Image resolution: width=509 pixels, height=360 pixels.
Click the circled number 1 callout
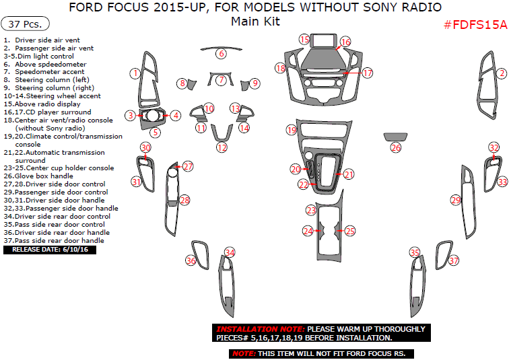tap(135, 73)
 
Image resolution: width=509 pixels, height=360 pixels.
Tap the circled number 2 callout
tap(501, 73)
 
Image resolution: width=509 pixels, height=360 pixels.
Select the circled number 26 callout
tap(396, 147)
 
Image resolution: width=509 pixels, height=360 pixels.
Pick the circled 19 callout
tap(292, 129)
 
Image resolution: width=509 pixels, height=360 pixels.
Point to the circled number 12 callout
tap(222, 147)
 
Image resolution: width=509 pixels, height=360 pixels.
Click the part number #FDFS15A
tap(475, 24)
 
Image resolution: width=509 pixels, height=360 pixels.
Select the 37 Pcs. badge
tap(25, 24)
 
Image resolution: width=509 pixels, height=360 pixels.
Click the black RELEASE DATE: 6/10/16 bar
tap(50, 250)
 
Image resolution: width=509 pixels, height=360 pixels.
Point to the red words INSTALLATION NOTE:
tap(260, 329)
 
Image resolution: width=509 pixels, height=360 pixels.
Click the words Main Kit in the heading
tap(255, 21)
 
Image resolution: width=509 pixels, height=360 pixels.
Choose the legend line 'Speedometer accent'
tap(50, 72)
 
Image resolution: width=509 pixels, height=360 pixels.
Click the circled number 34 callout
tap(230, 253)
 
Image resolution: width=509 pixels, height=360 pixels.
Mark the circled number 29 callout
tap(456, 200)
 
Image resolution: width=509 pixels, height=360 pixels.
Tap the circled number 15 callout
tap(304, 39)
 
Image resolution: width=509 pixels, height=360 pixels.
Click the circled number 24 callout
tap(308, 231)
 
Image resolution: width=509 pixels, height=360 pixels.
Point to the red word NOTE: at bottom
tap(243, 353)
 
